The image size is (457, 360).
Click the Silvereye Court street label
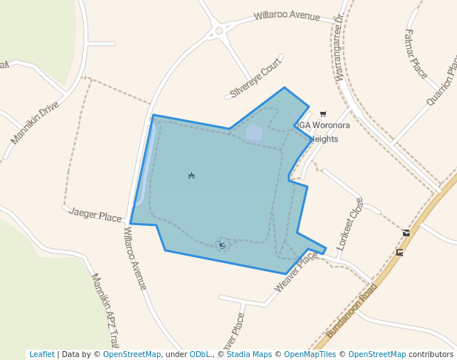click(256, 78)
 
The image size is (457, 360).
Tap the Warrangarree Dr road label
click(339, 47)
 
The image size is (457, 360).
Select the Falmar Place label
click(416, 53)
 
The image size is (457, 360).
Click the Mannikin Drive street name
click(35, 123)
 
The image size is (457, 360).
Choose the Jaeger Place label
click(95, 216)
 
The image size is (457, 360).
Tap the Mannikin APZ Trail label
click(104, 310)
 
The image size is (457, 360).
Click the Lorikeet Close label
click(350, 222)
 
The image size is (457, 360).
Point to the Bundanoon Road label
click(352, 311)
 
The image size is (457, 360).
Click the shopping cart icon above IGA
click(323, 113)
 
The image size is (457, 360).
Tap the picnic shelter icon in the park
click(191, 176)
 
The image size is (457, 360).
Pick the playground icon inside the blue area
click(221, 244)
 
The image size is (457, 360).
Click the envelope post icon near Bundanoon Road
click(406, 233)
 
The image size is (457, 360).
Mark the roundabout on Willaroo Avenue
click(219, 31)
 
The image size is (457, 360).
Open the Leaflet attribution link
click(41, 355)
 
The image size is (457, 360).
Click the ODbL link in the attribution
click(201, 355)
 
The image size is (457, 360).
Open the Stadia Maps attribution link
click(250, 355)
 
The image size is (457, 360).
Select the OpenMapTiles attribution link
click(310, 355)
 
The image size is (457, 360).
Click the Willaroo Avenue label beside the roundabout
click(287, 16)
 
